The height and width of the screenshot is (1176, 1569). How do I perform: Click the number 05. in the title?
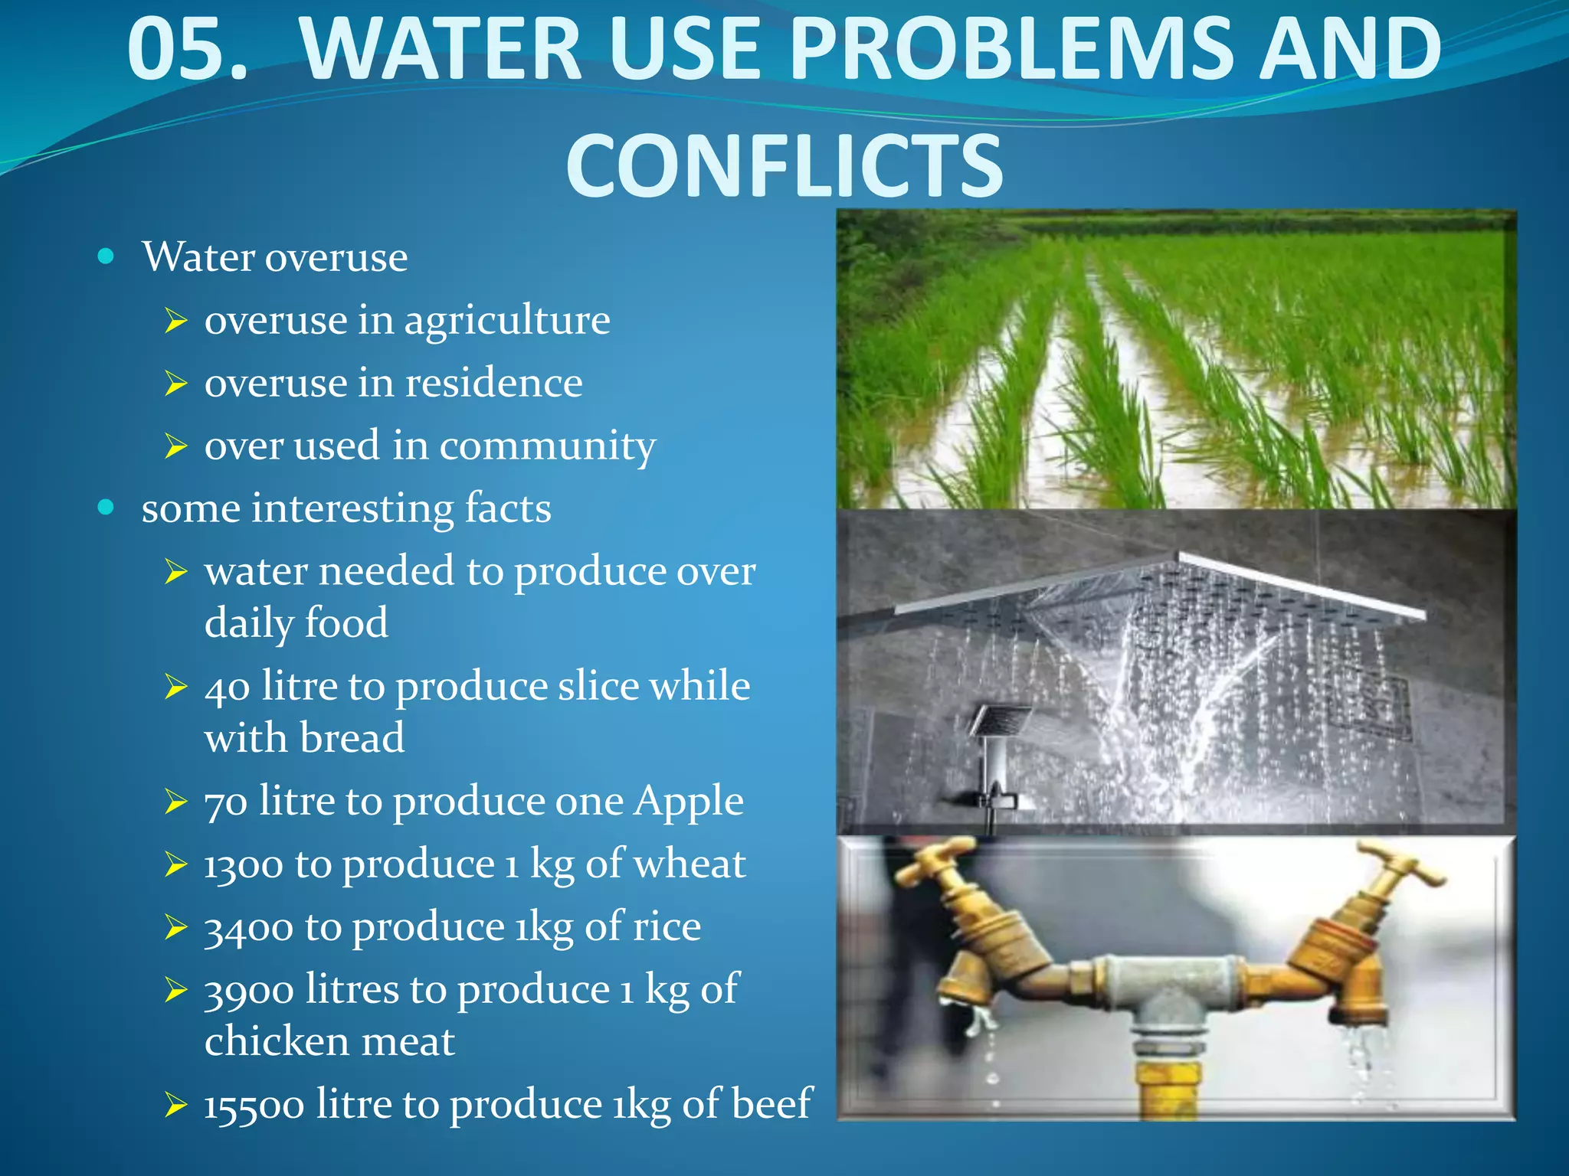(x=188, y=51)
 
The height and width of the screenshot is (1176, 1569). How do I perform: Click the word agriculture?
(x=507, y=320)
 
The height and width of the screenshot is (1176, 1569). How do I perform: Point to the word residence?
(x=493, y=383)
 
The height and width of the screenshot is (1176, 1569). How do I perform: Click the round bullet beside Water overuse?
(x=106, y=256)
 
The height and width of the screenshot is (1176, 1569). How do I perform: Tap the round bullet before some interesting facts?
(x=106, y=507)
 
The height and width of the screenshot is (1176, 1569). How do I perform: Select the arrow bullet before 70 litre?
(x=175, y=802)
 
